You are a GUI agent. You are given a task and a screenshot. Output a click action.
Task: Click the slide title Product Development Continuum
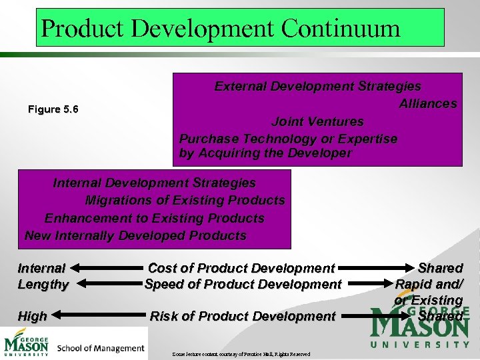221,28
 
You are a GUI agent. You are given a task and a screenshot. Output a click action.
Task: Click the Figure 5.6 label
53,109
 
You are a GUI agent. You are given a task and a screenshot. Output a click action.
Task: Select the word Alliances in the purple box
427,103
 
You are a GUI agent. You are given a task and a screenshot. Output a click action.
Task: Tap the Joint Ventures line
317,121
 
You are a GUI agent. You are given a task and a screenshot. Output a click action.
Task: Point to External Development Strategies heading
317,86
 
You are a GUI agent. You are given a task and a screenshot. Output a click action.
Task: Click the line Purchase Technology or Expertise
288,139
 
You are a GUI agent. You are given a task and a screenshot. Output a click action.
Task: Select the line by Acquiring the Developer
265,153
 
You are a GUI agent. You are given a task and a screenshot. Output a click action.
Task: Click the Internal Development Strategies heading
154,183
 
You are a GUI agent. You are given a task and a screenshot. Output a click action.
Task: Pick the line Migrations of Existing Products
185,200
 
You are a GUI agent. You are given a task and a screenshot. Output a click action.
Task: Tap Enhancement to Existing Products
154,218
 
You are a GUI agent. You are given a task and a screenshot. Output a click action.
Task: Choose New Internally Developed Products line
135,235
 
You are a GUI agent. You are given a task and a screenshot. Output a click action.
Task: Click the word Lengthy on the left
43,285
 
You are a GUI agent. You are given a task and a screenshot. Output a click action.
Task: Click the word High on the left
32,317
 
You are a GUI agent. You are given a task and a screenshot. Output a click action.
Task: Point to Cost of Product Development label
241,268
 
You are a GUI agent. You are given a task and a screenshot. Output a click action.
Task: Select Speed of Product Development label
243,284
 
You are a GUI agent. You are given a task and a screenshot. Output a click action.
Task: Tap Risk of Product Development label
243,316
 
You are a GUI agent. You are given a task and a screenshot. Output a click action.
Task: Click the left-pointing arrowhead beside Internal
75,268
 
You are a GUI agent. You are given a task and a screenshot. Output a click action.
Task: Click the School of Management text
101,348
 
